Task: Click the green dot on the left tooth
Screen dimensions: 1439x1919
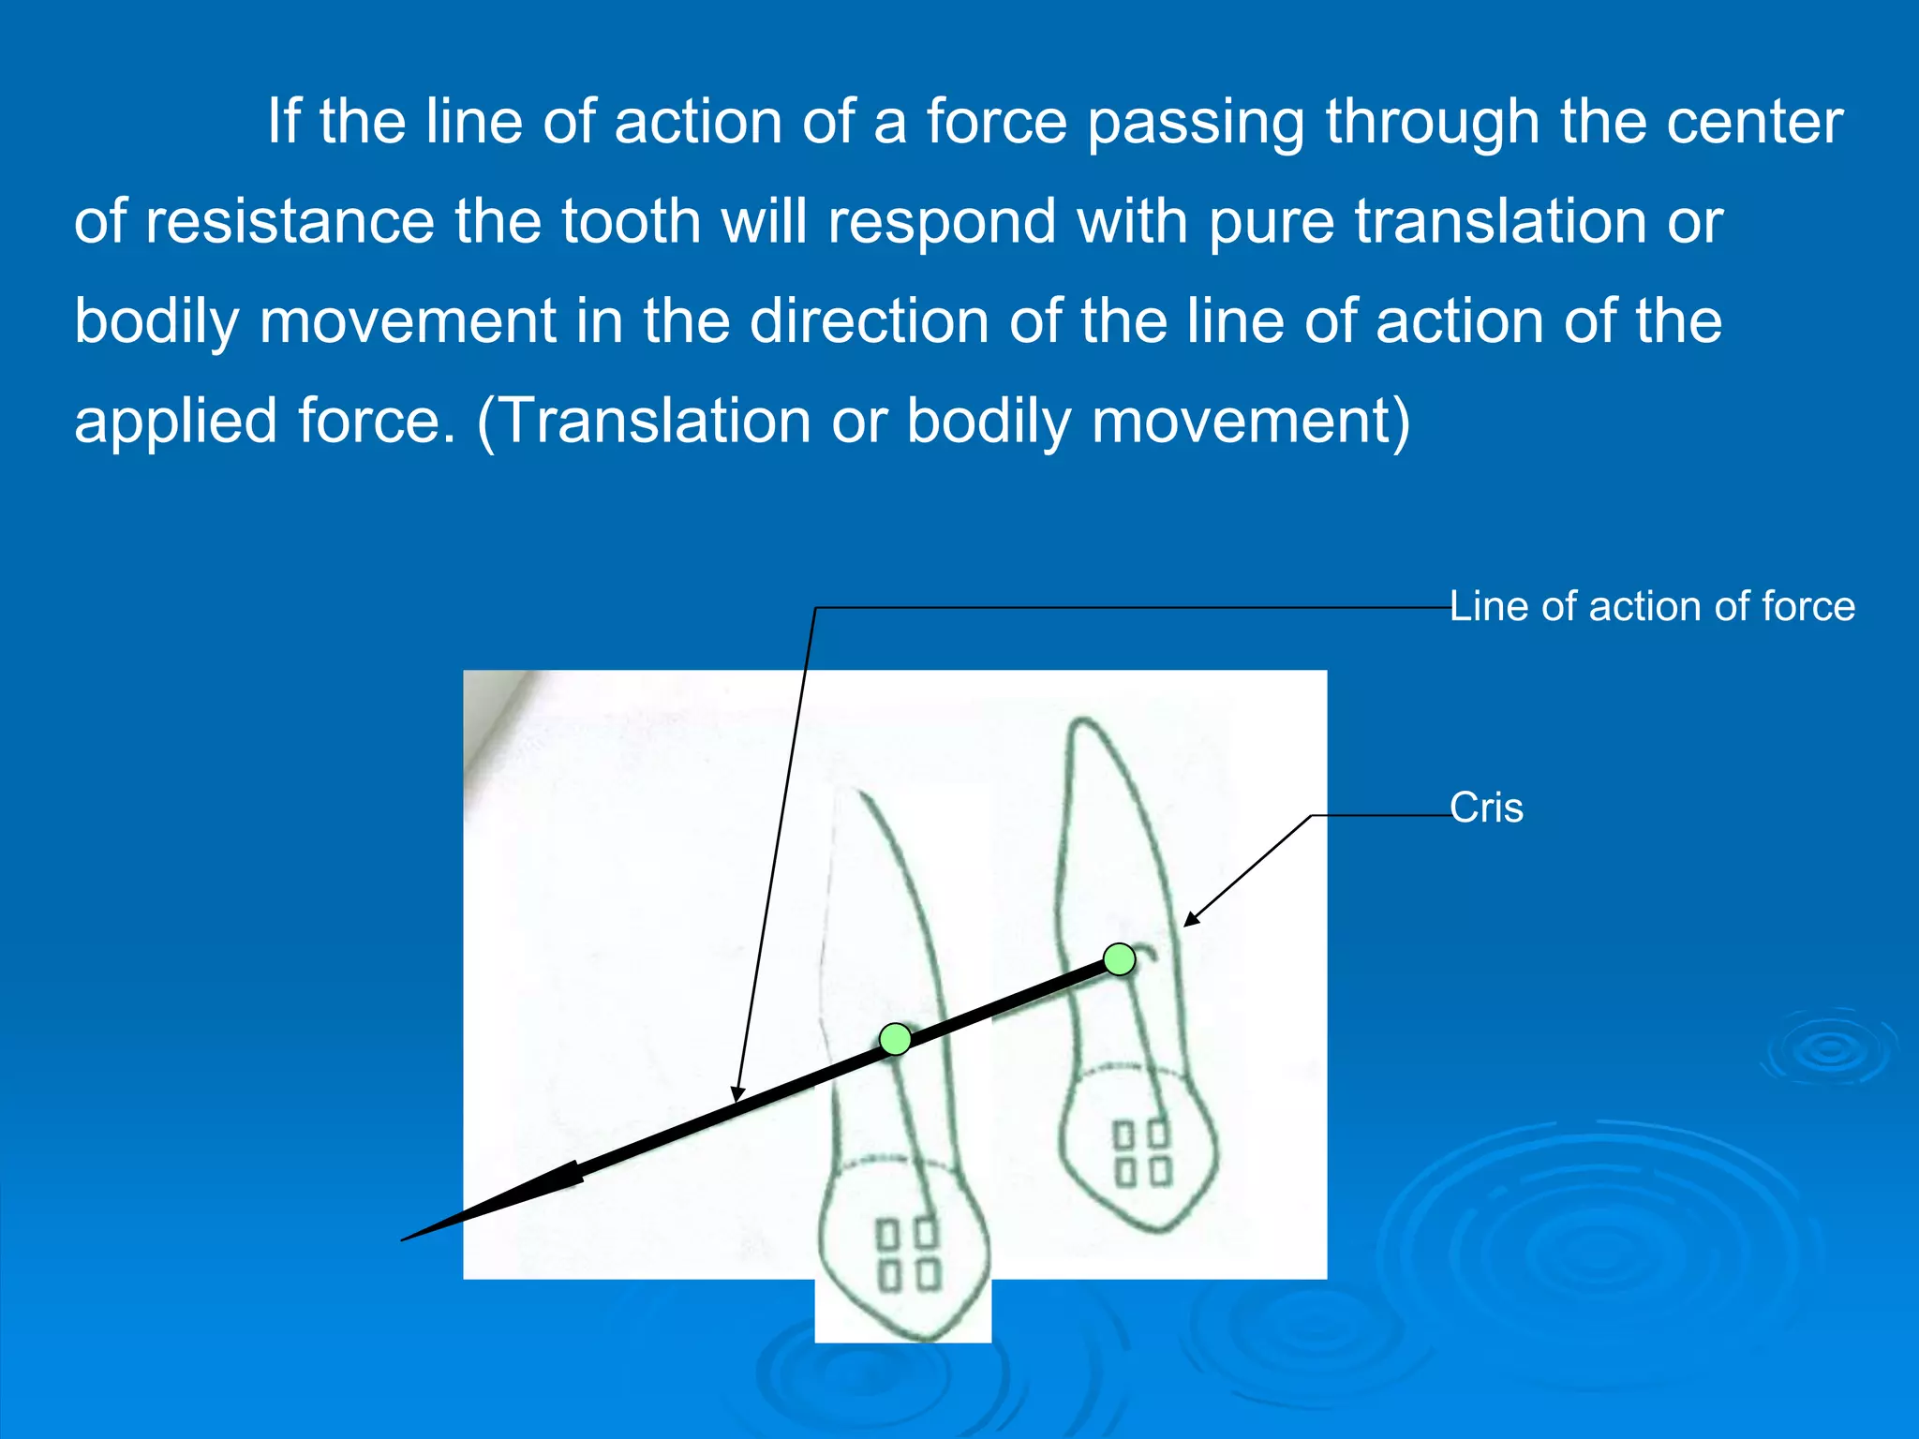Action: point(896,1039)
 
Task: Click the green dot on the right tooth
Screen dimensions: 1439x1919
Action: point(1119,959)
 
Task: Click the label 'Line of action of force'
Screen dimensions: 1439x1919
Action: point(1652,606)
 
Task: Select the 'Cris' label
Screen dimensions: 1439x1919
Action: point(1486,808)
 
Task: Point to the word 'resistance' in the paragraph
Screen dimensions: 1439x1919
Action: point(290,222)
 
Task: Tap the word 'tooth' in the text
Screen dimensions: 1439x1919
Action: point(631,222)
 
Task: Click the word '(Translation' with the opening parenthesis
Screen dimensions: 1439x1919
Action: point(644,421)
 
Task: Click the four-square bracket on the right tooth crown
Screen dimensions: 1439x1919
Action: point(1142,1153)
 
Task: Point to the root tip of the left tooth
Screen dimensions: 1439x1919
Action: point(857,794)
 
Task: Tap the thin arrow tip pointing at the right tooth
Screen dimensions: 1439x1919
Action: point(1186,925)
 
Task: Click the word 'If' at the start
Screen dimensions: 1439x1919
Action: point(283,122)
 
